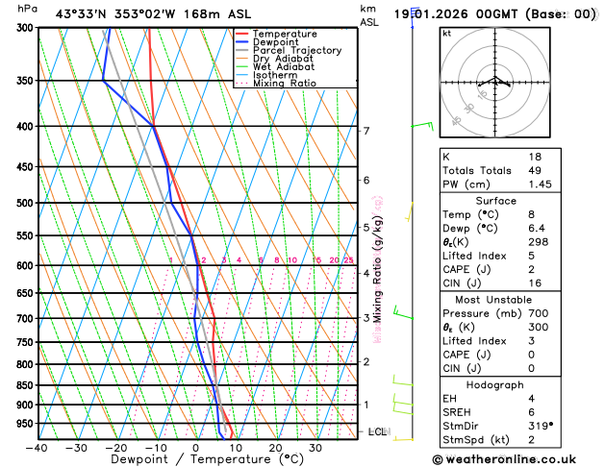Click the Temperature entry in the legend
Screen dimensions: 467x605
point(286,34)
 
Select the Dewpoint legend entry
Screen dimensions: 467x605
point(280,42)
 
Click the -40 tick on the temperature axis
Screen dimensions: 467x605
point(37,448)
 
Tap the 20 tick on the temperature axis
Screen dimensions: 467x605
point(275,448)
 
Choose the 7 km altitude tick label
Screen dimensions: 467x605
point(366,131)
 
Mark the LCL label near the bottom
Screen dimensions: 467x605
point(377,432)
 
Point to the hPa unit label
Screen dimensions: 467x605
point(27,9)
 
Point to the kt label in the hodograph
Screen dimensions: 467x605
point(446,33)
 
